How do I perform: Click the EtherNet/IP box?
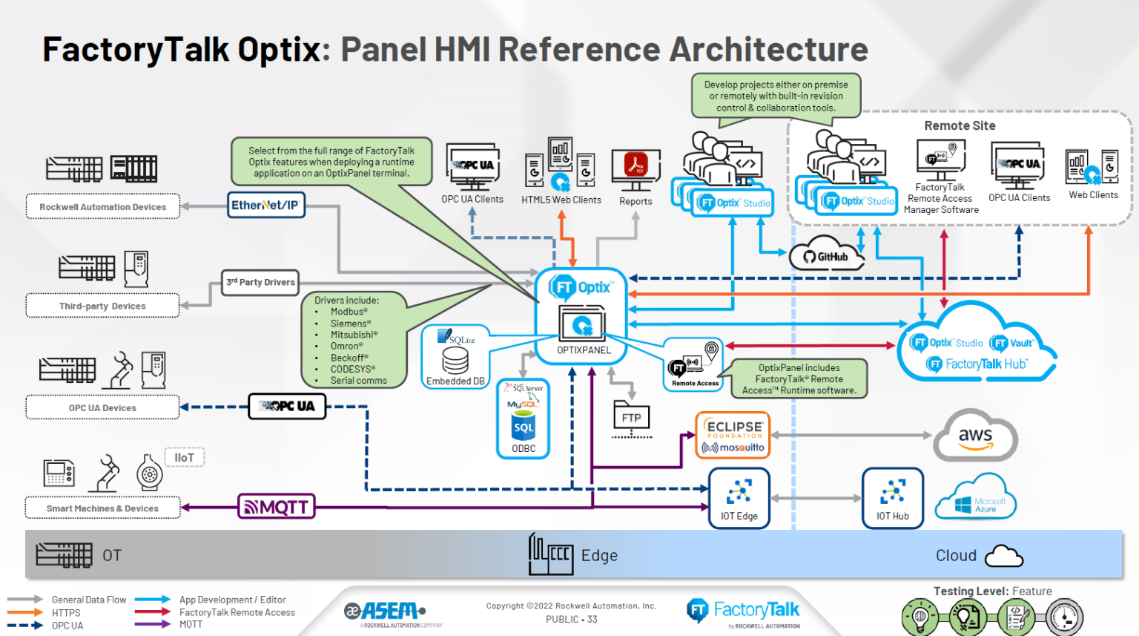[x=265, y=205]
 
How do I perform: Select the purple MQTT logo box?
[x=277, y=507]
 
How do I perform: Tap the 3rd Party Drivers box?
[x=261, y=282]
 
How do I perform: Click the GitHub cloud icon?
[x=826, y=255]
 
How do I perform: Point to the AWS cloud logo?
[x=975, y=437]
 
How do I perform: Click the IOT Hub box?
[x=892, y=498]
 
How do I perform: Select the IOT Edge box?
[x=739, y=498]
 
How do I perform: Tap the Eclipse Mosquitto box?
[x=733, y=436]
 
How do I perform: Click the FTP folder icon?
[x=631, y=418]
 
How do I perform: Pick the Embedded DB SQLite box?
[x=455, y=357]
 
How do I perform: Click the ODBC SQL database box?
[x=523, y=419]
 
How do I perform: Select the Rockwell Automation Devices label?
[x=102, y=207]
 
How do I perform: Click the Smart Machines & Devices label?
[x=102, y=508]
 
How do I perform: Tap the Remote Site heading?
[x=960, y=126]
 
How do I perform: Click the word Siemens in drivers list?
[x=347, y=324]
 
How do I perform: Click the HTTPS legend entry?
[x=66, y=613]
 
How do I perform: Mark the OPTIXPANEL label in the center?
[x=584, y=350]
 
